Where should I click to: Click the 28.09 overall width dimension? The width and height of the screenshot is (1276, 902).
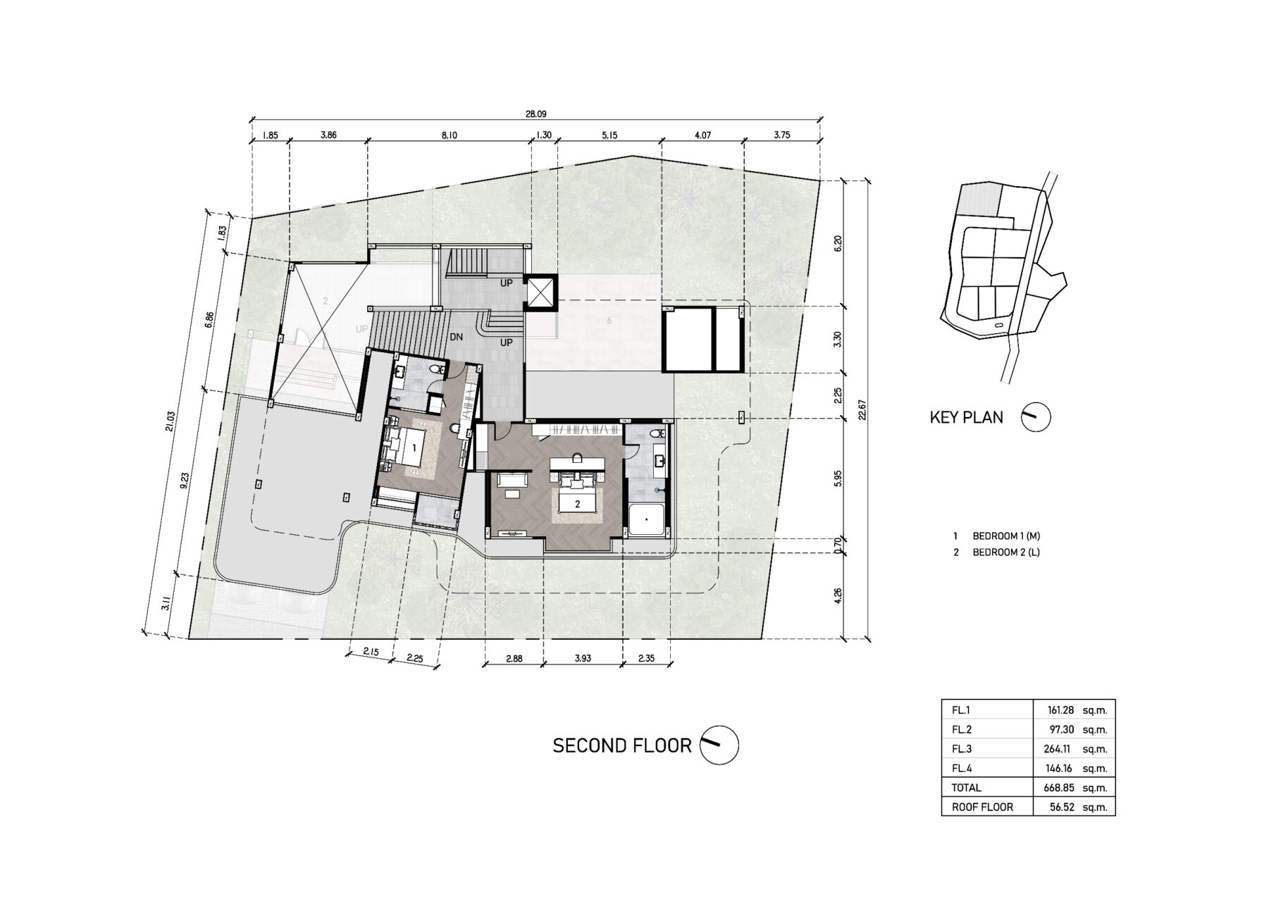click(x=535, y=113)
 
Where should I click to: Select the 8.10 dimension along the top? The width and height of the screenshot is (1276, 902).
click(x=450, y=135)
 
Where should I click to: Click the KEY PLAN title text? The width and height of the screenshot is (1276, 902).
click(x=966, y=417)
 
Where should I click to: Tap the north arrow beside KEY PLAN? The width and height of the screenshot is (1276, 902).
click(x=1036, y=417)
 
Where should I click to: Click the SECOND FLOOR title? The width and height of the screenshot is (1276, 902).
click(x=621, y=746)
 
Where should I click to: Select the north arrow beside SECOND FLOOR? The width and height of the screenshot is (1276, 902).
click(x=719, y=745)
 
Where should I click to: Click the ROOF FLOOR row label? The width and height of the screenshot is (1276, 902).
click(x=982, y=807)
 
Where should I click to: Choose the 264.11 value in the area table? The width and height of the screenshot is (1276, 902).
click(x=1059, y=749)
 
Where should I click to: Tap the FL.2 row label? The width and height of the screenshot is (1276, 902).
click(x=961, y=730)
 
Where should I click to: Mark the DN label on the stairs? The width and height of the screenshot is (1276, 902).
click(x=457, y=337)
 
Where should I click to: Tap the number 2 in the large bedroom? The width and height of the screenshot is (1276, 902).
click(x=578, y=504)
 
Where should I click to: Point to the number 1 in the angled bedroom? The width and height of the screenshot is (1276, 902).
click(x=414, y=447)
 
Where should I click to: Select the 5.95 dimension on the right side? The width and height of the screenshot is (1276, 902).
click(x=838, y=479)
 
